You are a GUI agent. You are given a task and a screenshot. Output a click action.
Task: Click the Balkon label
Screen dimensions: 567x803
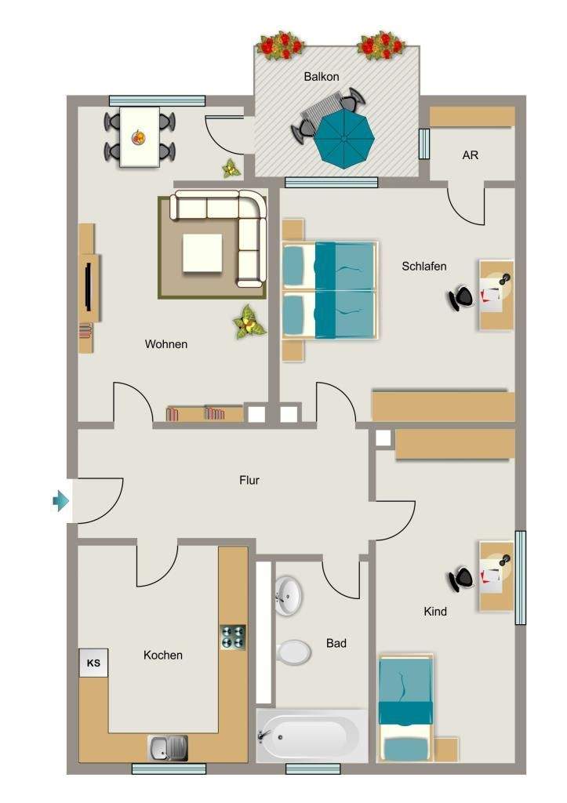click(322, 77)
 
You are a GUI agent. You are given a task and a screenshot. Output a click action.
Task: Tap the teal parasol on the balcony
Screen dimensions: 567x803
click(343, 139)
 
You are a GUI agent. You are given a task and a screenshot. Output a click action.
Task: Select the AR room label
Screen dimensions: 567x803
click(471, 155)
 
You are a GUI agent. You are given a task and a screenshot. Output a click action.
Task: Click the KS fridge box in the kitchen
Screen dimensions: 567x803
click(93, 663)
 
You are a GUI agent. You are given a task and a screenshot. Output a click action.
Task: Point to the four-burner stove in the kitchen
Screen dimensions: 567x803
click(233, 637)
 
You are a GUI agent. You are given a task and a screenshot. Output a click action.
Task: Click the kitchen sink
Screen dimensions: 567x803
click(168, 748)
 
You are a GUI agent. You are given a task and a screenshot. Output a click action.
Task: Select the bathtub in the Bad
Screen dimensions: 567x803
click(311, 736)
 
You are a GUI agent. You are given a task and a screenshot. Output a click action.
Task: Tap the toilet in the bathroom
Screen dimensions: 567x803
click(293, 652)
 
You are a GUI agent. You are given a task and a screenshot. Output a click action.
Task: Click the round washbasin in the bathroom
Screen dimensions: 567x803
click(288, 596)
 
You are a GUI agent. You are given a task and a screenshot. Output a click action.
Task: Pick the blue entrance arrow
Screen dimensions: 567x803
click(60, 500)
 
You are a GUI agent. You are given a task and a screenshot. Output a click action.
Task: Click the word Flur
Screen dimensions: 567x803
click(249, 481)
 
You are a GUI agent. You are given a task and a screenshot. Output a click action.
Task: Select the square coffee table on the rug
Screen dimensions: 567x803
click(202, 253)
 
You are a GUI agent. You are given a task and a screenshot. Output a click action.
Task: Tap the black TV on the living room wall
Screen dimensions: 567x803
click(88, 286)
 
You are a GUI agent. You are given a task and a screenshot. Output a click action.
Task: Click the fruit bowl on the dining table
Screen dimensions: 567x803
click(138, 136)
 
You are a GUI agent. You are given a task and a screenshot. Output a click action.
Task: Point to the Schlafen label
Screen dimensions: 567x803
click(423, 267)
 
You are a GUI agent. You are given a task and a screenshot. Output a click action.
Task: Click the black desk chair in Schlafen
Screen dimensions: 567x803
click(461, 297)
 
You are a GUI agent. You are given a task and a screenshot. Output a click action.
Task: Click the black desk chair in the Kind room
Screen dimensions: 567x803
click(461, 579)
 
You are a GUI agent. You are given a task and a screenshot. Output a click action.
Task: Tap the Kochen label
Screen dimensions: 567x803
click(163, 655)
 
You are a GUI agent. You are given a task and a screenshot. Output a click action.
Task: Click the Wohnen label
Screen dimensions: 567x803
click(166, 344)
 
